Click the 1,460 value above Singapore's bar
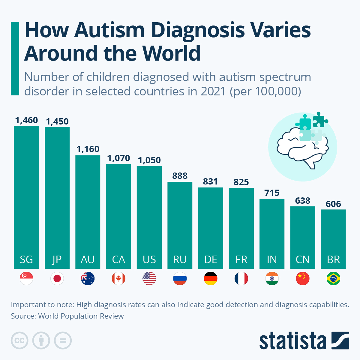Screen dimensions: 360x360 point(26,120)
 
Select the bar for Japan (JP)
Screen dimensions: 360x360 point(57,195)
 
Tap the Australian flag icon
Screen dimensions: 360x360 point(88,279)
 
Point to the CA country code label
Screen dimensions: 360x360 point(118,259)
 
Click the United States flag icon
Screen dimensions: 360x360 point(149,279)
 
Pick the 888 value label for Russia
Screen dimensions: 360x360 point(180,176)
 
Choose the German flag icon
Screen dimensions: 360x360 point(211,279)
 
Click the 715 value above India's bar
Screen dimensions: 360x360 point(272,193)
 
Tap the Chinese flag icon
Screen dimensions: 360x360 point(302,279)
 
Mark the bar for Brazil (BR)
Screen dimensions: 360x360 point(333,237)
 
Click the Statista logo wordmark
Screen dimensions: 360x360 point(292,341)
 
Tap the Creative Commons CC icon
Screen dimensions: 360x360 point(19,341)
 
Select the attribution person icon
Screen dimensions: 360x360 point(41,341)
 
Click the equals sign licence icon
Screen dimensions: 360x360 point(63,341)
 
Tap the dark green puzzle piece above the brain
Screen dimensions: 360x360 point(319,120)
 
